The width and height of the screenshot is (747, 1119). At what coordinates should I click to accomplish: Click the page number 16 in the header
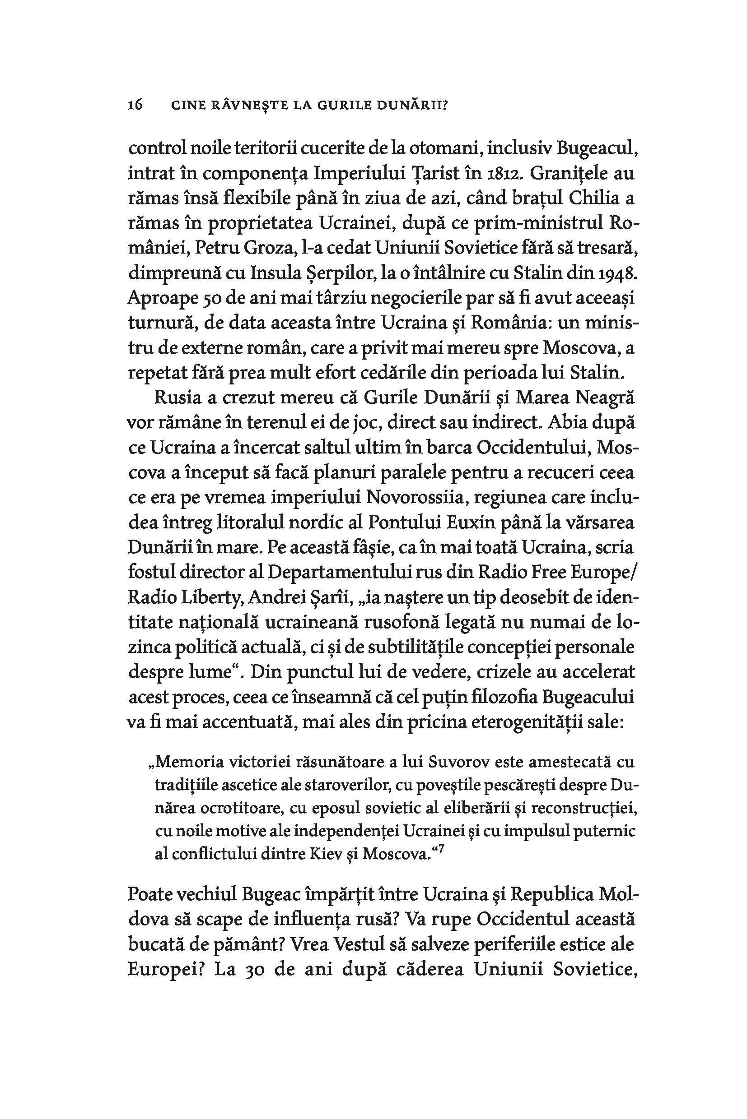[135, 105]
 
